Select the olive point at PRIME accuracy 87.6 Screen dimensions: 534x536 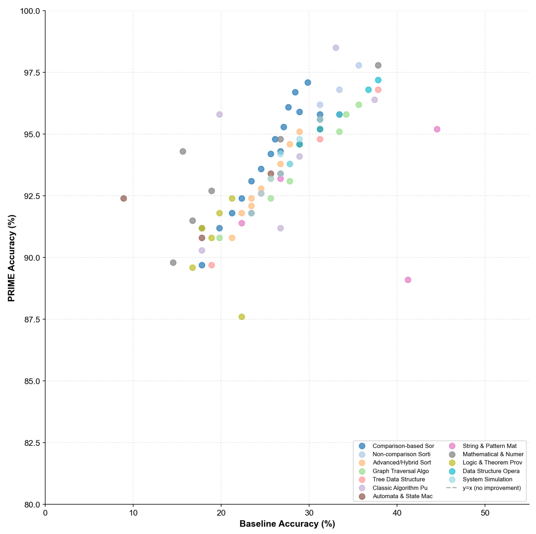click(242, 317)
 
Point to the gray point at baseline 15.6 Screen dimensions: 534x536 click(183, 151)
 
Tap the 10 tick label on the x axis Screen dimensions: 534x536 click(133, 513)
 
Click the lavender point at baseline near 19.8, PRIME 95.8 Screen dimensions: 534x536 click(219, 114)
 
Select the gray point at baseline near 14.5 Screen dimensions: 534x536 click(173, 263)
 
